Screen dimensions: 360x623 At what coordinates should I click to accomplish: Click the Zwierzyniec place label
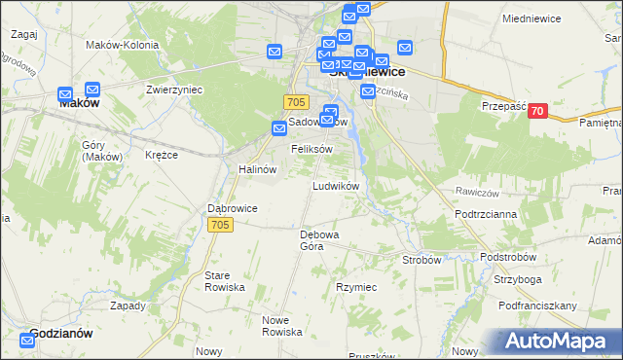[x=173, y=89]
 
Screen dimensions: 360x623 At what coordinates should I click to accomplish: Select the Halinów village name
[x=258, y=168]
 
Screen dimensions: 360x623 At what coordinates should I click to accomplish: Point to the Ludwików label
[x=336, y=185]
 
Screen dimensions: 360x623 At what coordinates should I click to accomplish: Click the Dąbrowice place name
[x=233, y=207]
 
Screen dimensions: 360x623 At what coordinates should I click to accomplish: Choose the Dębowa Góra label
[x=318, y=239]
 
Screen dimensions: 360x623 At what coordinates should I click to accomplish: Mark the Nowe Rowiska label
[x=282, y=325]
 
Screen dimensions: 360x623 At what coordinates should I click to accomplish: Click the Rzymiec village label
[x=356, y=287]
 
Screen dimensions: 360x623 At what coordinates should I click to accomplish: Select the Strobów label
[x=421, y=260]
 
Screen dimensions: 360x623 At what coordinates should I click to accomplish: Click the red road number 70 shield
[x=536, y=112]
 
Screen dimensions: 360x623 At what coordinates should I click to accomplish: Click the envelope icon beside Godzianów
[x=27, y=341]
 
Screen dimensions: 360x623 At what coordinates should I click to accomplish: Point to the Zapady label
[x=128, y=305]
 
